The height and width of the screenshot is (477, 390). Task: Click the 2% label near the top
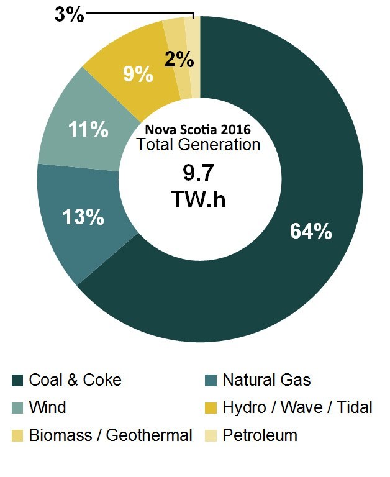(x=179, y=60)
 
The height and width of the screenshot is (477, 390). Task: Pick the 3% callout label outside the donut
(x=69, y=14)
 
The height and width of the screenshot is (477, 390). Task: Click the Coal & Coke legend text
(x=75, y=379)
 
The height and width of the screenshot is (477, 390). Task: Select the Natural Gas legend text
(x=266, y=379)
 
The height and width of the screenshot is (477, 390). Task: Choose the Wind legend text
(x=47, y=407)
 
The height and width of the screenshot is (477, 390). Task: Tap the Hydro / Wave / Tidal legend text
(x=297, y=407)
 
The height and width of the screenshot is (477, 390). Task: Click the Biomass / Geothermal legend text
(x=111, y=435)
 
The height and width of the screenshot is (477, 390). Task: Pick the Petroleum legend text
(x=260, y=435)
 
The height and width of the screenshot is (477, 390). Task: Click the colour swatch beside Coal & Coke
(x=17, y=380)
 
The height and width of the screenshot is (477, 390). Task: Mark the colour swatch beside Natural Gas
(x=211, y=380)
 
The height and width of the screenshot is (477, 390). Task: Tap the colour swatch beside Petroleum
(x=211, y=435)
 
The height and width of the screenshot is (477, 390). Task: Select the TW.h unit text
(x=198, y=200)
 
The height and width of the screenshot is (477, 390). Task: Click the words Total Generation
(x=198, y=145)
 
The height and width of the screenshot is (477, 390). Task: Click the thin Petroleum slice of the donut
(x=195, y=56)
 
